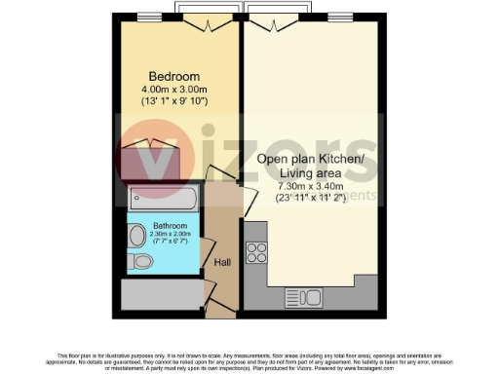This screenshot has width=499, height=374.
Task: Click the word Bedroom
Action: [173, 77]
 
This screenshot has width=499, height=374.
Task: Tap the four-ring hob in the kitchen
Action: [257, 253]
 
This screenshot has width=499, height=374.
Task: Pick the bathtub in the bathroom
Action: [163, 202]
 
